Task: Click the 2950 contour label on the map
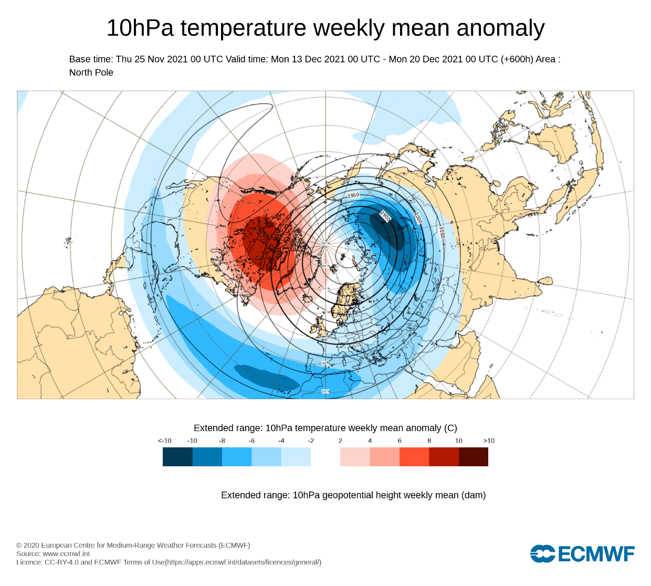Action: [x=353, y=195]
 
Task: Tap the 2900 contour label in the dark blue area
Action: [x=385, y=216]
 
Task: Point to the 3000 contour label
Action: [x=418, y=218]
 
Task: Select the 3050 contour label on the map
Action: [x=442, y=233]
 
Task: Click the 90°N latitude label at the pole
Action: [x=325, y=244]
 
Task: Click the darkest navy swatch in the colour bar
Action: [x=177, y=457]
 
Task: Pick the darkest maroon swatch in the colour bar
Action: [x=474, y=457]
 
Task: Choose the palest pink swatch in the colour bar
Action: [x=355, y=457]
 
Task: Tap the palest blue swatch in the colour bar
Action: [x=296, y=457]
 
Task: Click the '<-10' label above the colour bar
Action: [x=164, y=441]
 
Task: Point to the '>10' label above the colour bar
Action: [x=489, y=441]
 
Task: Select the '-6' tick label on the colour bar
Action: [x=251, y=441]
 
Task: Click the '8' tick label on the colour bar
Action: [x=429, y=441]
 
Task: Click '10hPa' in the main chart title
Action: [x=140, y=28]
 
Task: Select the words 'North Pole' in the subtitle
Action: [x=91, y=72]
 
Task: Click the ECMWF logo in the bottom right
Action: [x=582, y=553]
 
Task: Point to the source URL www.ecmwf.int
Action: [x=66, y=553]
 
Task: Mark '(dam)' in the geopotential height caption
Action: [x=474, y=495]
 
